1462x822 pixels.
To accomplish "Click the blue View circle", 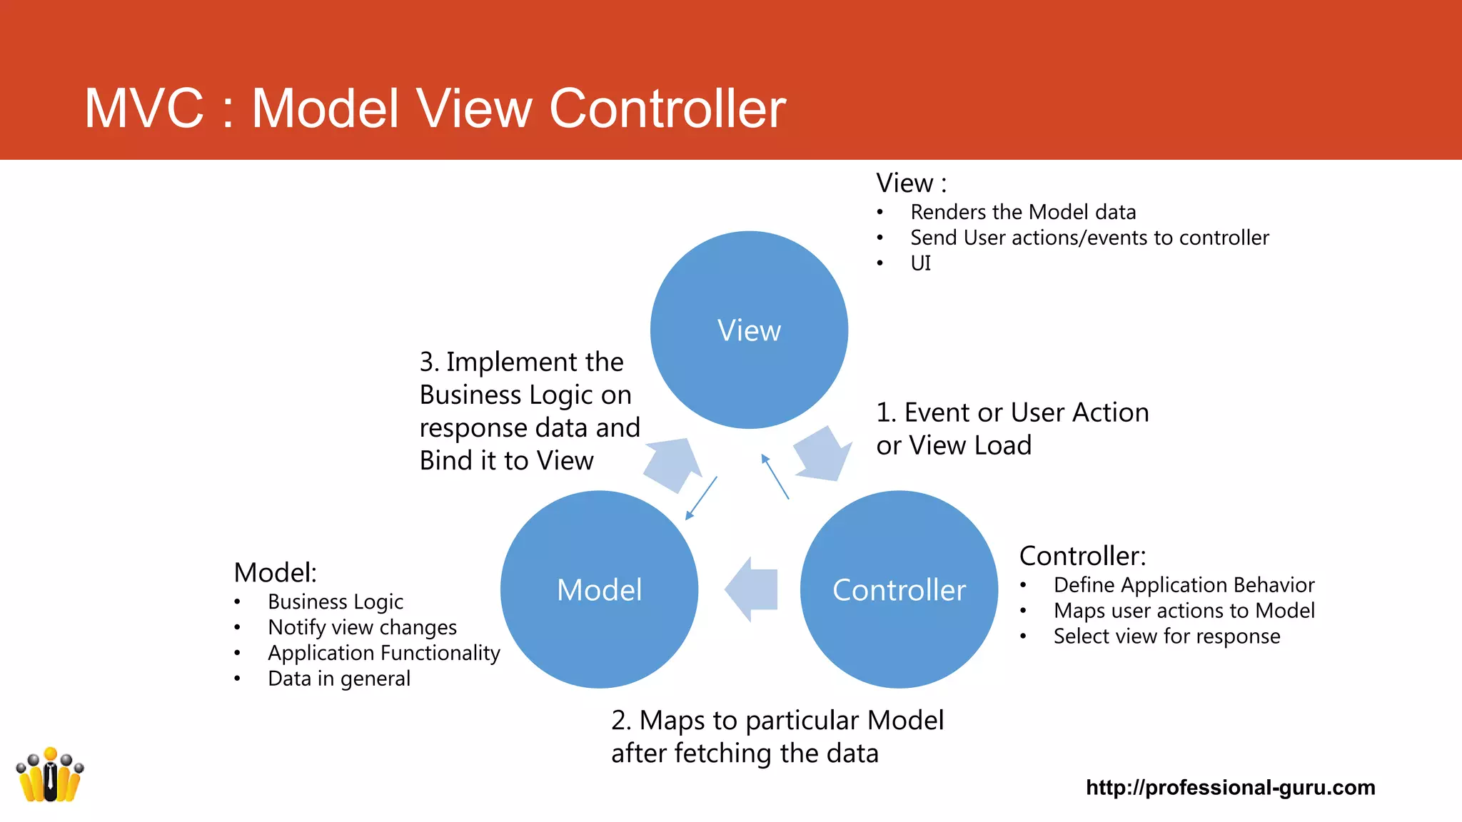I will coord(749,330).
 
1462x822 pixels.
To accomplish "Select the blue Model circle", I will coord(599,589).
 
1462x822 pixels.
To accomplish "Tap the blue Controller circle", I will coord(899,589).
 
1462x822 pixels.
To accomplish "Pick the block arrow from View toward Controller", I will coord(823,455).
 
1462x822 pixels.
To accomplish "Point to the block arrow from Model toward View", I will coord(672,465).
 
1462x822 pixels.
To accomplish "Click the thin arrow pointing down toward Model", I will coord(700,498).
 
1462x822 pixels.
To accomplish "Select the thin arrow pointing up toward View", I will coord(775,477).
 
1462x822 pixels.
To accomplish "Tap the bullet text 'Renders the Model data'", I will coord(1022,212).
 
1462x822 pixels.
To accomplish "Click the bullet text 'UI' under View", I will coord(920,263).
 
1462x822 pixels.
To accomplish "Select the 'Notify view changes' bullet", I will coord(362,627).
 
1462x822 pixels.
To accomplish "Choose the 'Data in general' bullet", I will coord(338,679).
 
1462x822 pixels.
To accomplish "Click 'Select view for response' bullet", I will coord(1166,636).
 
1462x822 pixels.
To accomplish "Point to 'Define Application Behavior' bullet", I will coord(1184,585).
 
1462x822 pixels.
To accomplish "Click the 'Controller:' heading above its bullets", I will coord(1082,555).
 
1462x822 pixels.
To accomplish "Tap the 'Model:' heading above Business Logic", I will coord(275,572).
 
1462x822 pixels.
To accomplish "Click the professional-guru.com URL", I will coord(1230,787).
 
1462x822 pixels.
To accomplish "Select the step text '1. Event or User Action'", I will coord(1012,412).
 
